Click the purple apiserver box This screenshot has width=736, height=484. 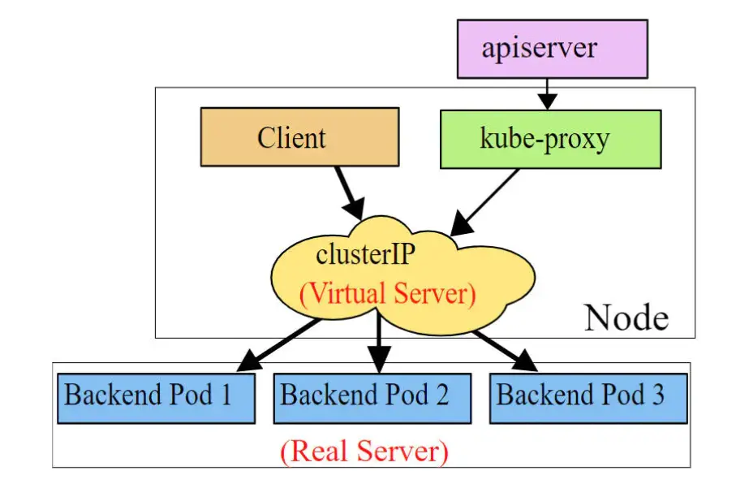coord(552,49)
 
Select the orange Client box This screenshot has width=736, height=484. coord(299,136)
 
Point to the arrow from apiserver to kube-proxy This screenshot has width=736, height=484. coord(549,93)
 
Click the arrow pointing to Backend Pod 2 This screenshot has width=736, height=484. coord(378,345)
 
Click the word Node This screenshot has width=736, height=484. coord(626,317)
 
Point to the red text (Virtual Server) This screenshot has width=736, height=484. coord(388,293)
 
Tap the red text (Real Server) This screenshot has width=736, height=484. coord(364,451)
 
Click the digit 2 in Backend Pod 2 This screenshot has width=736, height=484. coord(441,395)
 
